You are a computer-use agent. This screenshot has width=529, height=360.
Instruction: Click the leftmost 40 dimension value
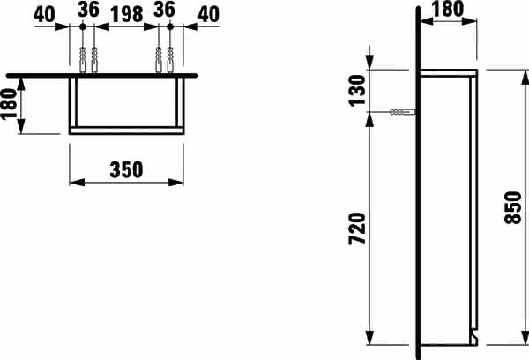[44, 14]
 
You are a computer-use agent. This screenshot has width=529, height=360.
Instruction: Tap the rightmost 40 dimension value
[208, 14]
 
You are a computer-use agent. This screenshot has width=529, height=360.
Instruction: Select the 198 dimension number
[127, 14]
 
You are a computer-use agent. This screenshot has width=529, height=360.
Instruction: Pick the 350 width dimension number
[126, 170]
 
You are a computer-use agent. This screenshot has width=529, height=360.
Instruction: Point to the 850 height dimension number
[513, 207]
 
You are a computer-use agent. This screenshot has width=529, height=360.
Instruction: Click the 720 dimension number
[357, 229]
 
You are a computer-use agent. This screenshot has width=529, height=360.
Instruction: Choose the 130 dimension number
[357, 91]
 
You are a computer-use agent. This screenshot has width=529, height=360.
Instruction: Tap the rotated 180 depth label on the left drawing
[9, 104]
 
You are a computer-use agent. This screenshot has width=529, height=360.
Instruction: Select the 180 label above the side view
[448, 9]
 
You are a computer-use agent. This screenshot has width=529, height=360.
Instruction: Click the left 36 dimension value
[88, 10]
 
